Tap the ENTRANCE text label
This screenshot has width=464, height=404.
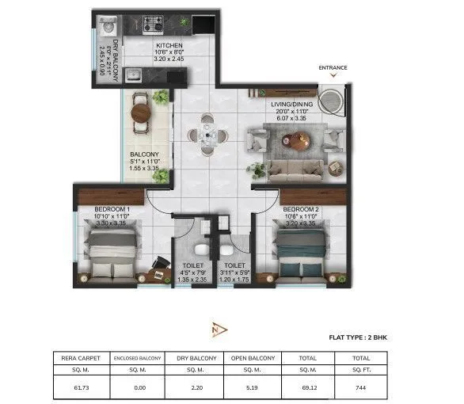pos(333,68)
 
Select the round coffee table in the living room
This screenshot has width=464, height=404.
pos(299,141)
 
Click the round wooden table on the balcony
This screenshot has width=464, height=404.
pos(141,112)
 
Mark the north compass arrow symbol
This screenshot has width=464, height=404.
pos(219,328)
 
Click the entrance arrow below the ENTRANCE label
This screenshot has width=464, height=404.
pos(333,77)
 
